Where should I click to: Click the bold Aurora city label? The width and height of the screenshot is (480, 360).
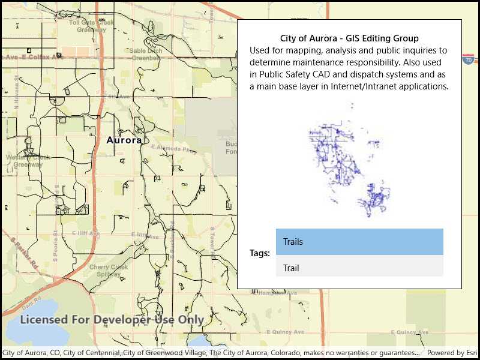point(124,140)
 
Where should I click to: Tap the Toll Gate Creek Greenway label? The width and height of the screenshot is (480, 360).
point(91,26)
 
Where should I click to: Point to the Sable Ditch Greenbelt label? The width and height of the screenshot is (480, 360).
point(146,55)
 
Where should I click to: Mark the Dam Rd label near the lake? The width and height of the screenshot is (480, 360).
point(32,298)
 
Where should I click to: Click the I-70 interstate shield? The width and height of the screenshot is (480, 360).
point(469,59)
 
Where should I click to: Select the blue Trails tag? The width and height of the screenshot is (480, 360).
point(359,242)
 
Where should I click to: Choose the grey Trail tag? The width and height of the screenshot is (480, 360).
point(359,268)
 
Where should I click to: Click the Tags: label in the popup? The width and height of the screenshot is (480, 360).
point(260,253)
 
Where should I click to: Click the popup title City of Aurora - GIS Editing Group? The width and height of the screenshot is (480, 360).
point(349,39)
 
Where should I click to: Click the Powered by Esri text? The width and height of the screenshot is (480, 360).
point(451,353)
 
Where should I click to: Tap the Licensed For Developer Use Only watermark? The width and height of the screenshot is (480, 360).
point(112,320)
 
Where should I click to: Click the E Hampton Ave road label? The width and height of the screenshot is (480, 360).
point(277,293)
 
